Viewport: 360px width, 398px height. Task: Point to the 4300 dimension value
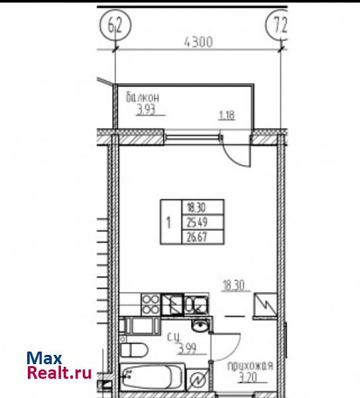[198, 42]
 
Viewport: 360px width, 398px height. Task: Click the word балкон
[143, 98]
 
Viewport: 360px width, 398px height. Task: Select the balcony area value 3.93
[146, 111]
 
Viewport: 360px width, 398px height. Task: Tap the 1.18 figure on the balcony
[227, 115]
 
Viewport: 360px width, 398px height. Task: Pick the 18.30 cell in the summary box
[203, 208]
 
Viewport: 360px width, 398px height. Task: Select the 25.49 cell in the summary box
[203, 223]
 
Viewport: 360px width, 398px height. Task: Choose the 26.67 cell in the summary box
[203, 237]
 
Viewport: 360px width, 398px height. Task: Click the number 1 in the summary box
[168, 222]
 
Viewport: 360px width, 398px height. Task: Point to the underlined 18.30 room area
[233, 285]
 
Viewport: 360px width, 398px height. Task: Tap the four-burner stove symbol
[150, 304]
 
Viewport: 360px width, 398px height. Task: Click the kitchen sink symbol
[196, 304]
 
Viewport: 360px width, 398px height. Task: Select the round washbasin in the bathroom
[200, 325]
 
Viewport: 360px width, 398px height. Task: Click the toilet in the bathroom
[133, 350]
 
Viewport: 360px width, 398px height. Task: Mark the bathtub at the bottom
[152, 377]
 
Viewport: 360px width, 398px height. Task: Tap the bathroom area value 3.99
[187, 348]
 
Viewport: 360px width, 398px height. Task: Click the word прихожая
[251, 366]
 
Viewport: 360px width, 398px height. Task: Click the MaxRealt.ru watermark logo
[59, 365]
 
